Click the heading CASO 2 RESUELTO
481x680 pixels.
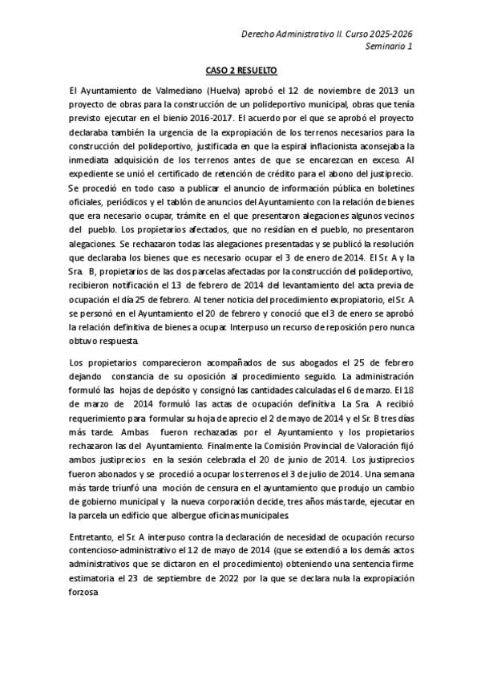240,71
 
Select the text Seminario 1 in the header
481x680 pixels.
390,47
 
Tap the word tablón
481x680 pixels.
177,202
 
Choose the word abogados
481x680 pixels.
293,361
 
